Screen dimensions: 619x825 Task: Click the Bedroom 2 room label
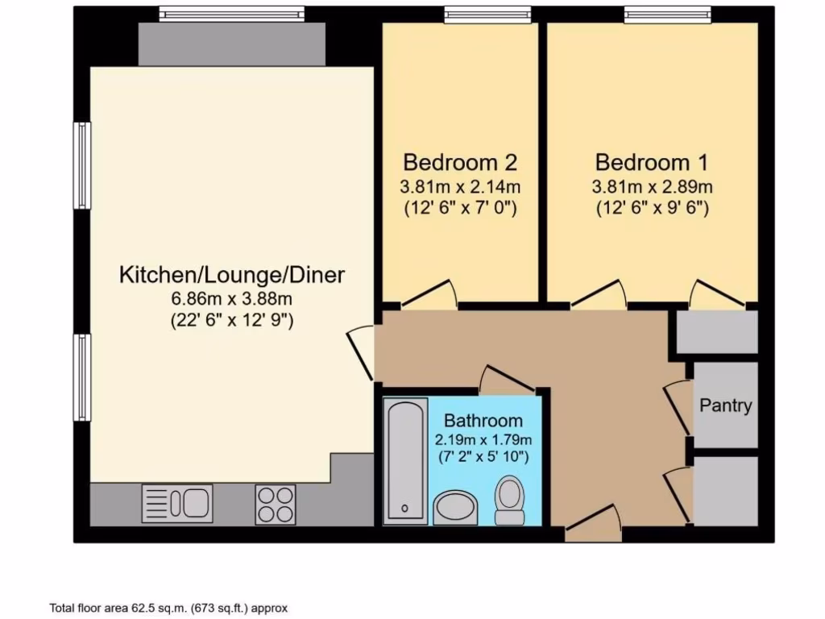459,162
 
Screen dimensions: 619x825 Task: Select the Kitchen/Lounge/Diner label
232,275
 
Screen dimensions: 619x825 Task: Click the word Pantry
725,405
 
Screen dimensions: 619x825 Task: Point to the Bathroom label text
483,421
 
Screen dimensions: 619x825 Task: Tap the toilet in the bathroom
509,501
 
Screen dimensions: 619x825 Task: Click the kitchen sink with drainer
177,504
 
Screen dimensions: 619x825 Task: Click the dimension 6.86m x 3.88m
232,298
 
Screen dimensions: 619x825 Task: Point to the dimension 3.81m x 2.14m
459,187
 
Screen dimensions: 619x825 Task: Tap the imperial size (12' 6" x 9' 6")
653,208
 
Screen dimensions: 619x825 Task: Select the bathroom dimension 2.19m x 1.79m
483,440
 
